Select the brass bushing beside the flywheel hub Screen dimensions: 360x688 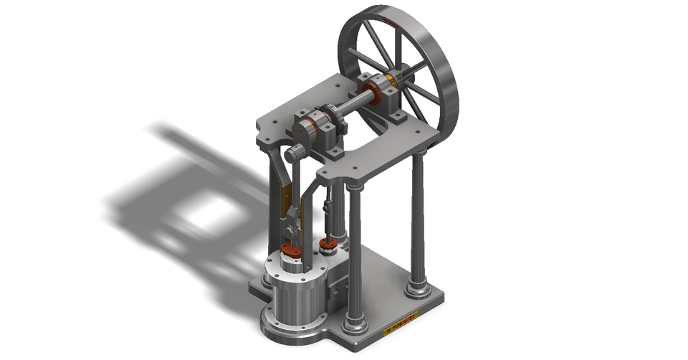click(x=392, y=80)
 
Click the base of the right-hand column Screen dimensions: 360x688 click(x=418, y=289)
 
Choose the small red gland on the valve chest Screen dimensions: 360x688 click(x=328, y=246)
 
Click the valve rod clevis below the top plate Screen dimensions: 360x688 click(x=328, y=208)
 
